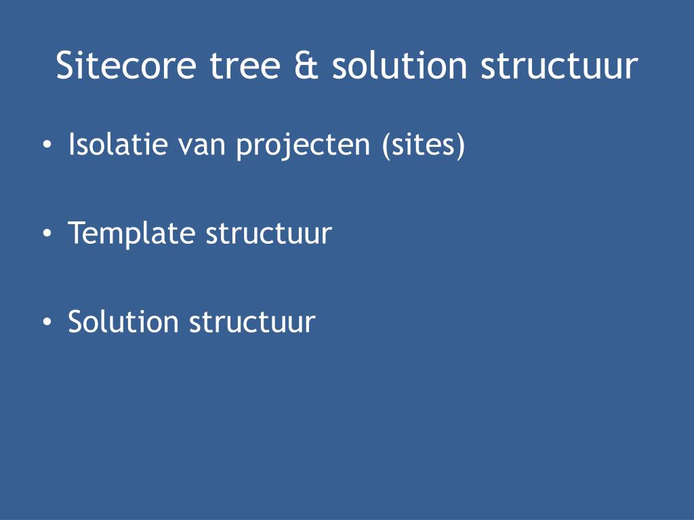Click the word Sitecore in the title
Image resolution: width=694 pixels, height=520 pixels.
pyautogui.click(x=127, y=66)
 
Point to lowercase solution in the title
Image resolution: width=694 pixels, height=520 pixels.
pyautogui.click(x=400, y=66)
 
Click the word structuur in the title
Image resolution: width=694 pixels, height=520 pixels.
pyautogui.click(x=559, y=66)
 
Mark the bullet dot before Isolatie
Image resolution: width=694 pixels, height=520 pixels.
pyautogui.click(x=46, y=146)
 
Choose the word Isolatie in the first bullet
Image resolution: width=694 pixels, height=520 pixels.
pyautogui.click(x=117, y=145)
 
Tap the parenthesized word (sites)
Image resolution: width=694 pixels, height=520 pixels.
pyautogui.click(x=424, y=145)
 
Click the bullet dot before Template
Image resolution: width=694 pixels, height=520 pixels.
pyautogui.click(x=46, y=234)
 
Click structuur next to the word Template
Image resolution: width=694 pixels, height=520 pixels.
pyautogui.click(x=268, y=234)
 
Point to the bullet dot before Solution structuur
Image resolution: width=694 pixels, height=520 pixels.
pyautogui.click(x=46, y=322)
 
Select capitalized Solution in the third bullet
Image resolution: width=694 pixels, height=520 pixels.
pyautogui.click(x=123, y=322)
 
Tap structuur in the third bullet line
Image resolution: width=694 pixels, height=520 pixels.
pyautogui.click(x=252, y=322)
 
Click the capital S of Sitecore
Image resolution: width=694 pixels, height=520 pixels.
pyautogui.click(x=65, y=66)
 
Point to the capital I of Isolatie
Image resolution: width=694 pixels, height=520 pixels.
pyautogui.click(x=72, y=145)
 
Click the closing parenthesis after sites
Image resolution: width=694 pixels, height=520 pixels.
pyautogui.click(x=461, y=145)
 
